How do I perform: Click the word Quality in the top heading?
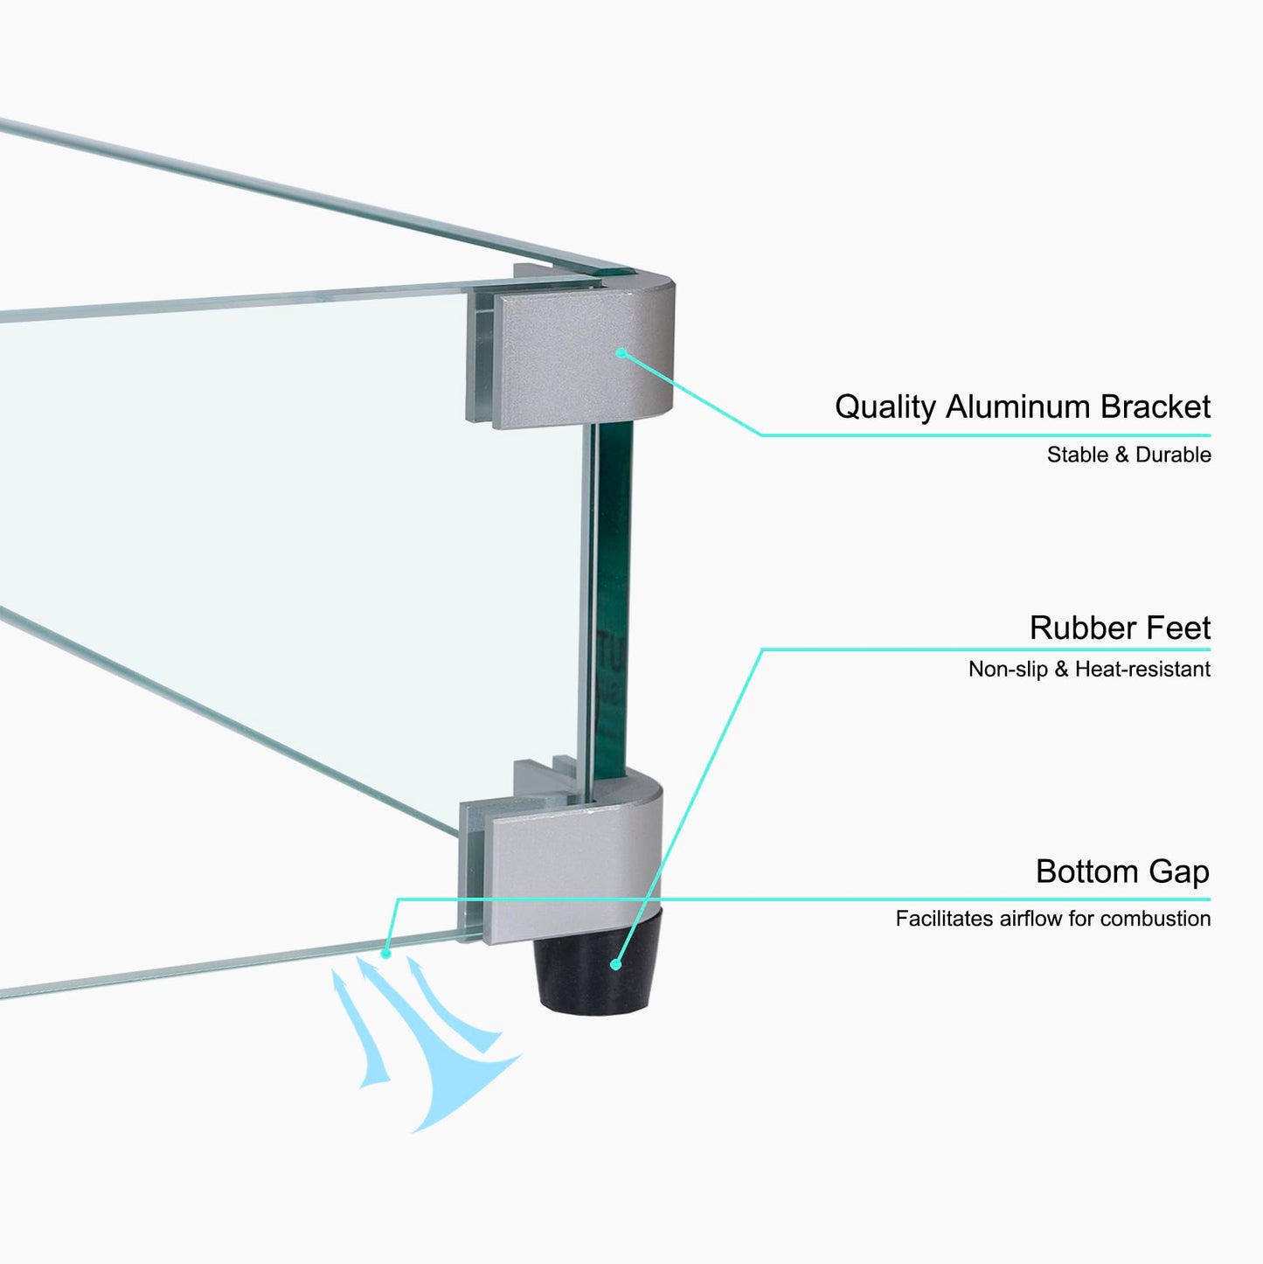coord(885,408)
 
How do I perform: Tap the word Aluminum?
coord(1018,406)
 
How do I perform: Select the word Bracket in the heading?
coord(1155,406)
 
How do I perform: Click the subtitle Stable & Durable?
coord(1128,455)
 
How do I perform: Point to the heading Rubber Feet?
coord(1120,628)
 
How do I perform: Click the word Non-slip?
coord(1008,669)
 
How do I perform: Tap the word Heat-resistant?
coord(1143,669)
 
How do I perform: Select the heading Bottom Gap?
coord(1122,872)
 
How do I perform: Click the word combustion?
coord(1155,919)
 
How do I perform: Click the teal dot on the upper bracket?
coord(621,353)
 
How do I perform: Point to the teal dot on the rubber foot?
coord(615,964)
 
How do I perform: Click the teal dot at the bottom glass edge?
coord(385,953)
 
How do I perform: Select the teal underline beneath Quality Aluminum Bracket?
coord(985,435)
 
